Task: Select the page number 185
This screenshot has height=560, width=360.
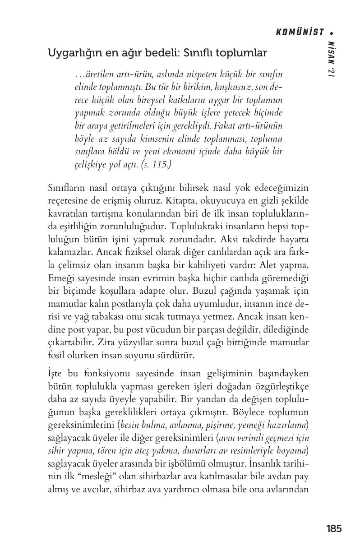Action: click(333, 528)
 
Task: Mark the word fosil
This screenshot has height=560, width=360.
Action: click(55, 356)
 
